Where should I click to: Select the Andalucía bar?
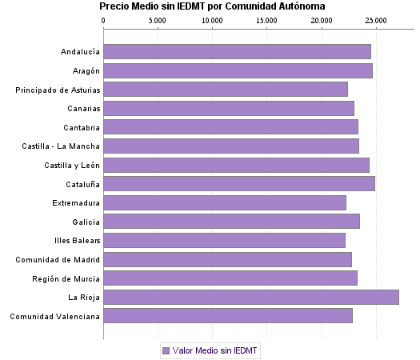[x=237, y=52]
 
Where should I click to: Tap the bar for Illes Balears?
[x=224, y=240]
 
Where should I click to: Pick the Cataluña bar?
[x=239, y=184]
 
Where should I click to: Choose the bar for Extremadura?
[x=225, y=202]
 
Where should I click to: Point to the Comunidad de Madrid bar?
[x=227, y=259]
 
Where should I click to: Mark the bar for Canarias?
[x=229, y=108]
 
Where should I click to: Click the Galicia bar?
[x=231, y=222]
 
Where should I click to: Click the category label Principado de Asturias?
[x=58, y=90]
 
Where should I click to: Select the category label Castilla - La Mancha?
[x=62, y=146]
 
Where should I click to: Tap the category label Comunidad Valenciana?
[x=55, y=316]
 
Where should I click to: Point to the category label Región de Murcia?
[x=66, y=278]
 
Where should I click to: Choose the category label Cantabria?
[x=82, y=127]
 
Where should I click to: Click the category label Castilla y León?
[x=72, y=165]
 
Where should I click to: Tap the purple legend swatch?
[x=166, y=350]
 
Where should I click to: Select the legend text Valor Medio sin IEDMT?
[x=216, y=350]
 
